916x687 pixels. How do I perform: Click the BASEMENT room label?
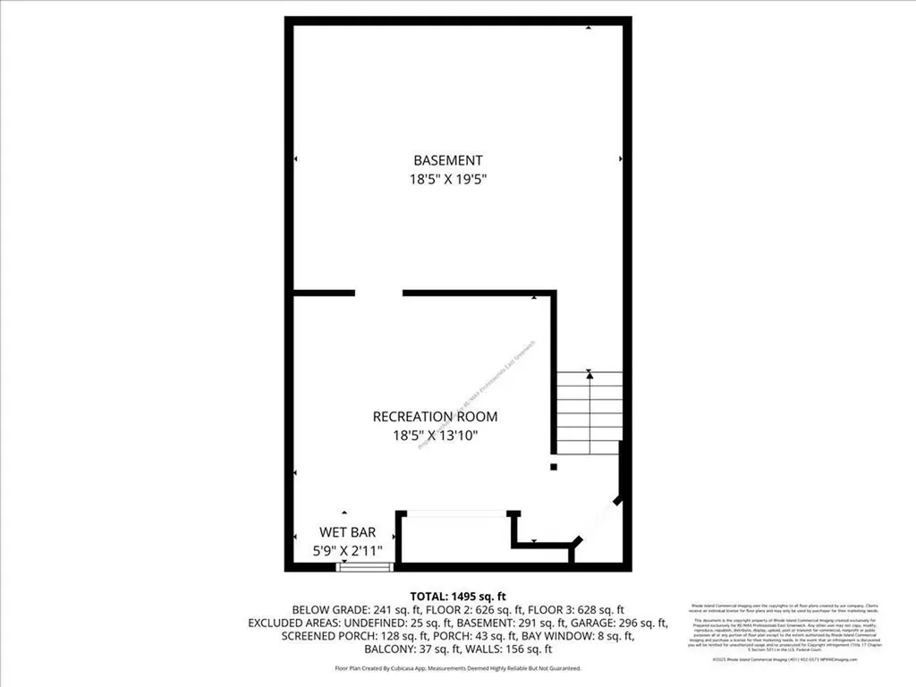447,160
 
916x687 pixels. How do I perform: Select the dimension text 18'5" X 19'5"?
447,179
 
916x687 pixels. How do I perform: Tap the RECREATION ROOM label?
435,417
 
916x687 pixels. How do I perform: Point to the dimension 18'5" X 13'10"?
435,436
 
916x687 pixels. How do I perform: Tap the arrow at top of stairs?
589,376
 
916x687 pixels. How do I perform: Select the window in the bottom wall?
365,566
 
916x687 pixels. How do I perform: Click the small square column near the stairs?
553,466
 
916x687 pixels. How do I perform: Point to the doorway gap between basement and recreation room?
378,293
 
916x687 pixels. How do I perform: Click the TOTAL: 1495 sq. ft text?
458,596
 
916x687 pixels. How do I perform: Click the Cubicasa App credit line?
458,668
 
